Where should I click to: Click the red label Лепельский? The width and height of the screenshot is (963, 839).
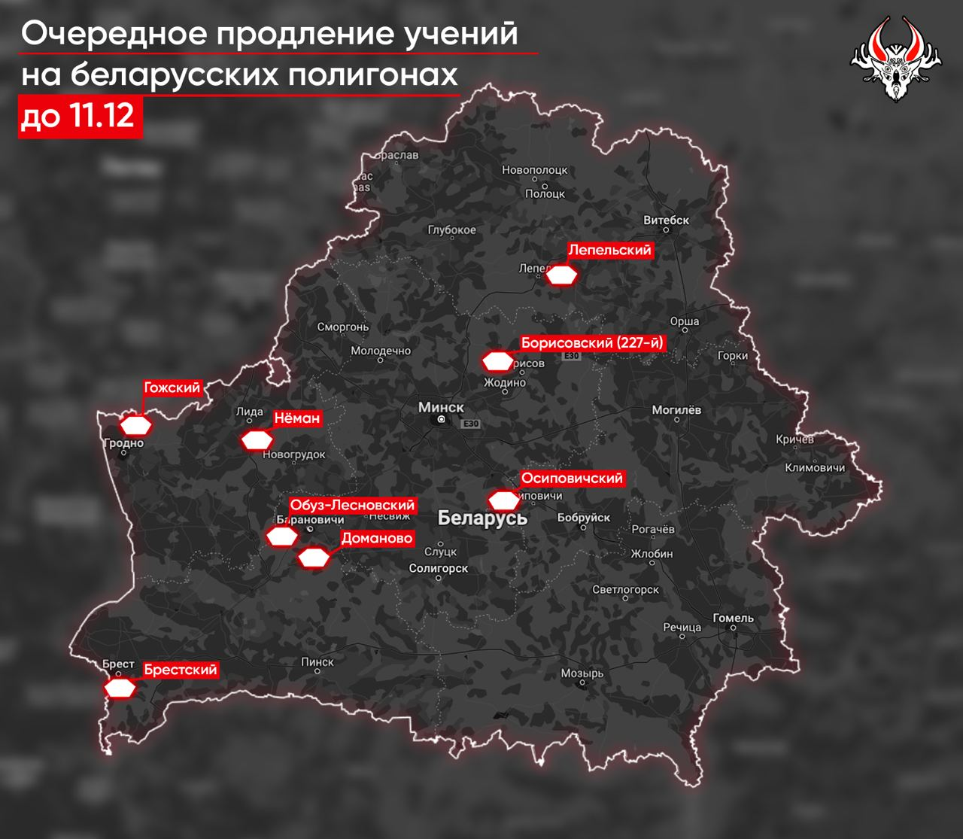(609, 250)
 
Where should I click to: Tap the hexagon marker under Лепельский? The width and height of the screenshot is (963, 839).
(561, 275)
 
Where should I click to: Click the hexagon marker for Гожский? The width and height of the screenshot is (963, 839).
(137, 425)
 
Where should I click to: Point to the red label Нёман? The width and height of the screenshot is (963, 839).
(296, 418)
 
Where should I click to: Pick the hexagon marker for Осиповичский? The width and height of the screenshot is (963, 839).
(504, 500)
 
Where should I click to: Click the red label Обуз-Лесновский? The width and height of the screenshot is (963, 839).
(352, 506)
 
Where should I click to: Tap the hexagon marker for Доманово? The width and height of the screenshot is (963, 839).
(314, 558)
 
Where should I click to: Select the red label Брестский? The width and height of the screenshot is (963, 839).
(181, 670)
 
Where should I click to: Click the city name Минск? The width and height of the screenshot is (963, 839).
(441, 407)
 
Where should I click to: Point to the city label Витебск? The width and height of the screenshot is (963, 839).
(667, 220)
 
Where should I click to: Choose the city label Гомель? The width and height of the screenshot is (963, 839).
(733, 618)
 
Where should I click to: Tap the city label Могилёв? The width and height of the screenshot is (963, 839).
(676, 410)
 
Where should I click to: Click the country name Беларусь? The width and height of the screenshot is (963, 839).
(482, 518)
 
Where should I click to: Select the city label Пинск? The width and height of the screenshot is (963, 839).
(317, 661)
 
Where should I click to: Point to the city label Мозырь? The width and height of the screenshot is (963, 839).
(582, 673)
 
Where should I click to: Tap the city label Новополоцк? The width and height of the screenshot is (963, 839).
(534, 170)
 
